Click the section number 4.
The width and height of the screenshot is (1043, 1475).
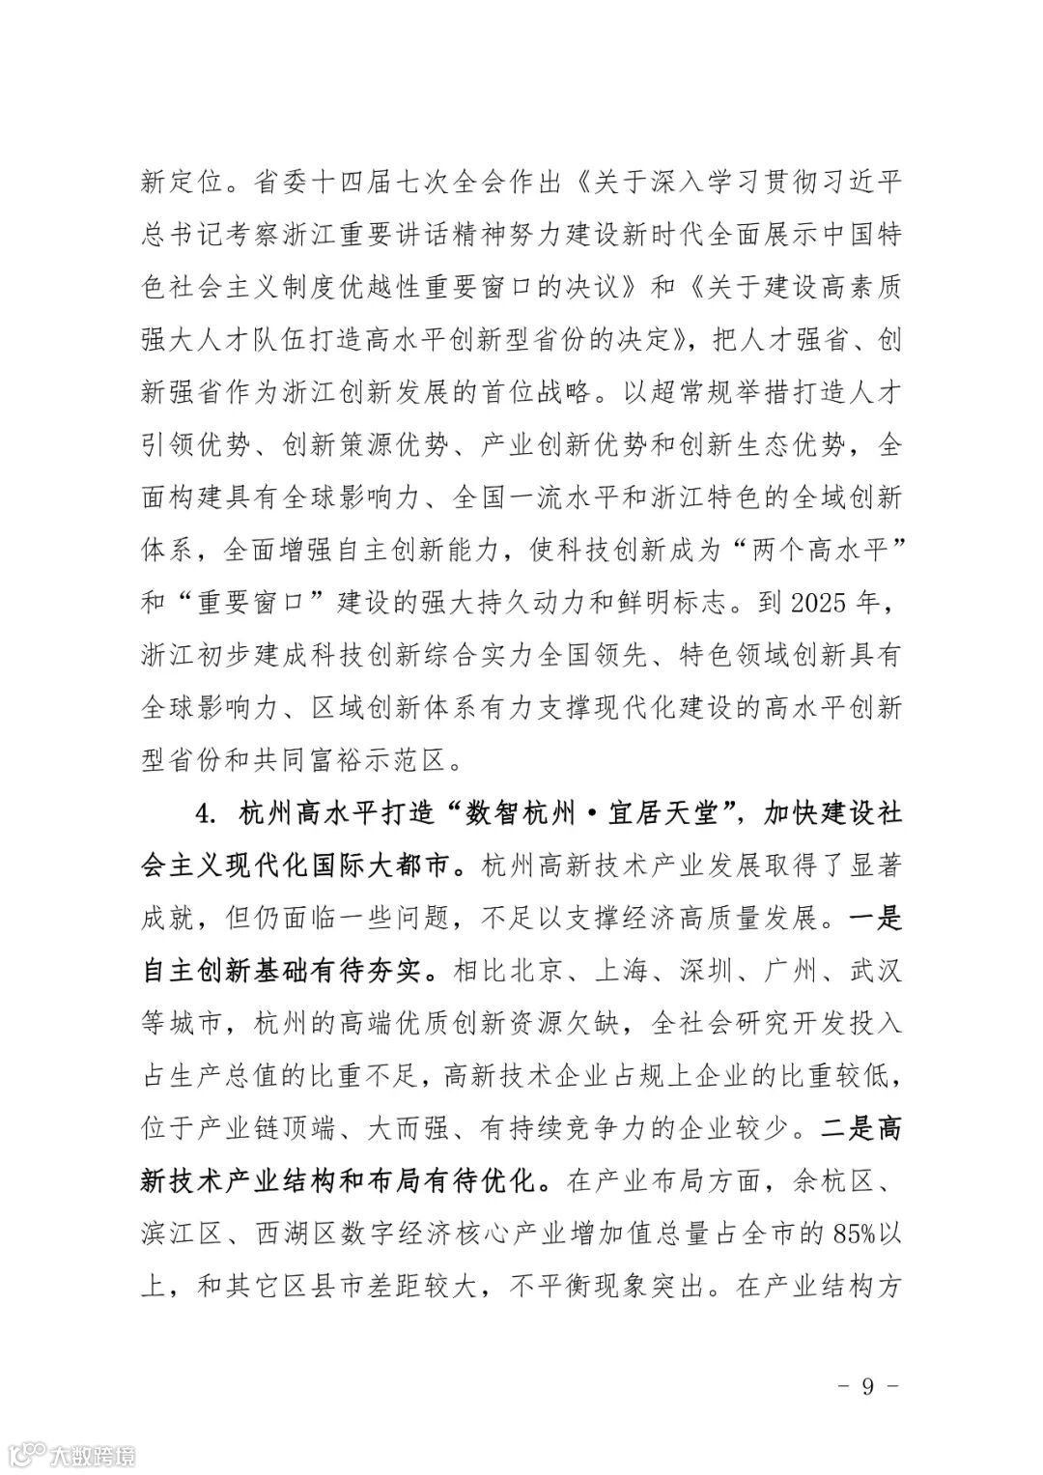tap(203, 812)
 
